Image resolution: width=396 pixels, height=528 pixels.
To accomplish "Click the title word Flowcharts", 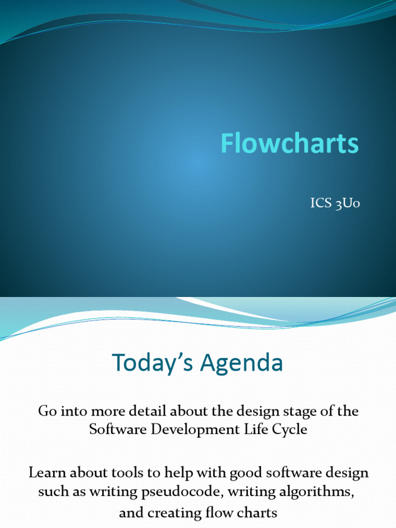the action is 290,143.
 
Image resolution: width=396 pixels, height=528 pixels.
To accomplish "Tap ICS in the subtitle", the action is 321,203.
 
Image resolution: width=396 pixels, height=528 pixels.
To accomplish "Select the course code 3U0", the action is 348,203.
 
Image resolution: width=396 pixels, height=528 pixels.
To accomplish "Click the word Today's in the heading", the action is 153,362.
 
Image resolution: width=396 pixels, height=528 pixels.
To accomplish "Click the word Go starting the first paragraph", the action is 47,411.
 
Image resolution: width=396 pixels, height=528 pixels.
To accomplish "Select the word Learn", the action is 47,473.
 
